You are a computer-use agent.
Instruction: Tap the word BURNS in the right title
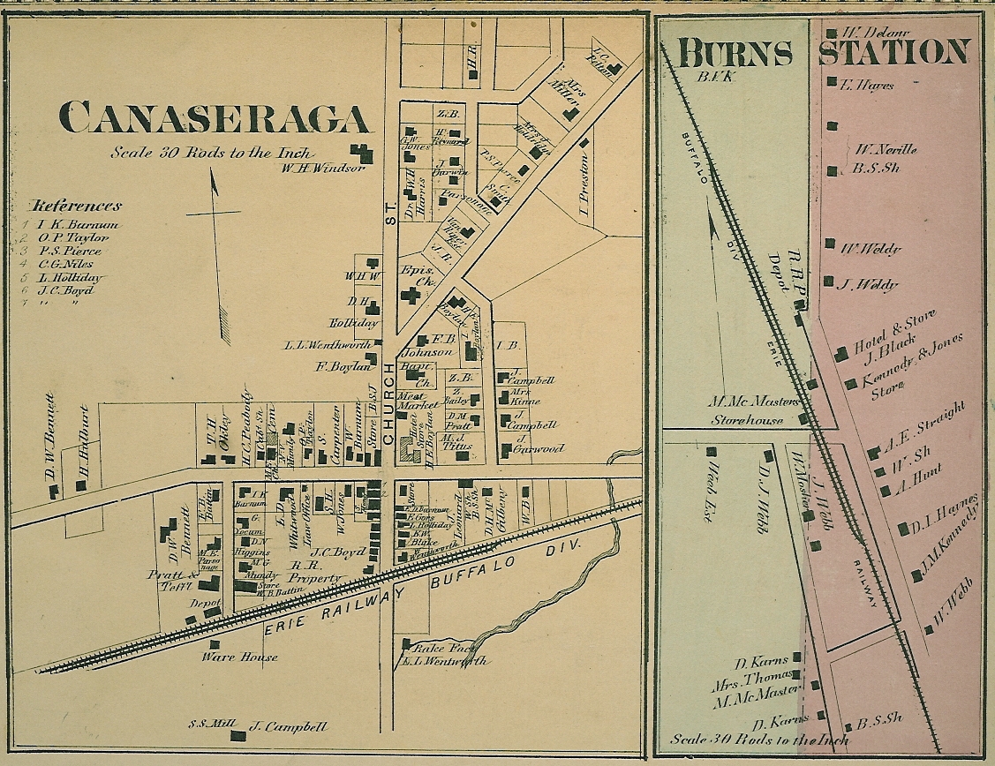[x=735, y=54]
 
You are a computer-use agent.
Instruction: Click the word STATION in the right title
[x=893, y=52]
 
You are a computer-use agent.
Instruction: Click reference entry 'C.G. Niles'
[x=68, y=264]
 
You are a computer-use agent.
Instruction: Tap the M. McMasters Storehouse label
[x=748, y=409]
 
